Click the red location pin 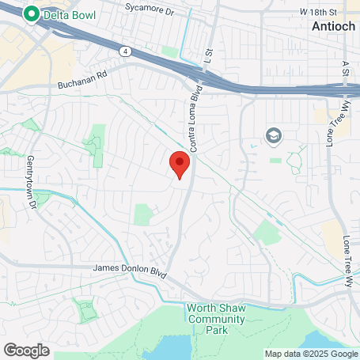coord(180,165)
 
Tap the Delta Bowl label coord(67,13)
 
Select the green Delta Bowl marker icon coord(32,13)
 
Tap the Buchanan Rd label coord(81,83)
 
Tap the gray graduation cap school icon coord(274,135)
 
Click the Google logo coord(26,349)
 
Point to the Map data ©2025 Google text coord(311,354)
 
